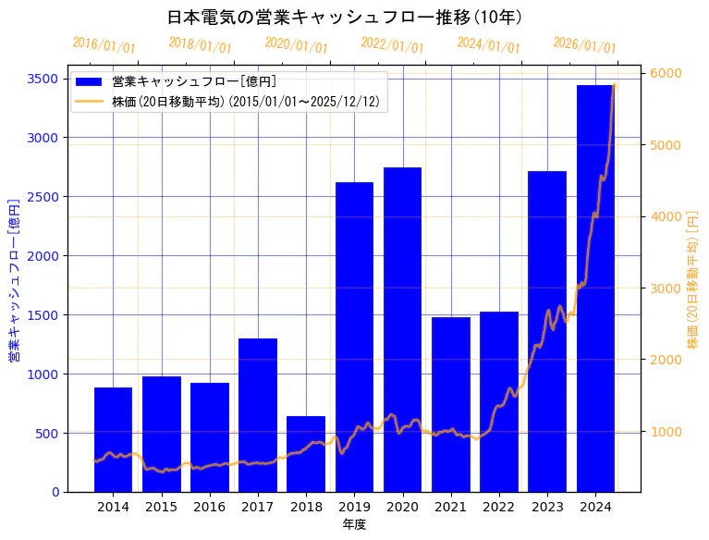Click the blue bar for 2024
click(x=595, y=288)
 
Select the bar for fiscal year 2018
click(x=306, y=453)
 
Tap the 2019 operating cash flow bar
click(x=354, y=337)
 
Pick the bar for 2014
click(x=113, y=439)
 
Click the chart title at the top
click(x=345, y=18)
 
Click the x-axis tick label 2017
click(x=257, y=507)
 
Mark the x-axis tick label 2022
click(x=499, y=507)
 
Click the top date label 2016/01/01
click(x=104, y=45)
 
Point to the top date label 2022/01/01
click(x=392, y=45)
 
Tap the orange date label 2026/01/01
click(x=584, y=45)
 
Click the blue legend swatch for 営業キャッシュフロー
click(x=90, y=81)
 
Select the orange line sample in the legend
click(x=90, y=101)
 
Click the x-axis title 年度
click(x=354, y=524)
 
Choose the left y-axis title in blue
click(x=14, y=279)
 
